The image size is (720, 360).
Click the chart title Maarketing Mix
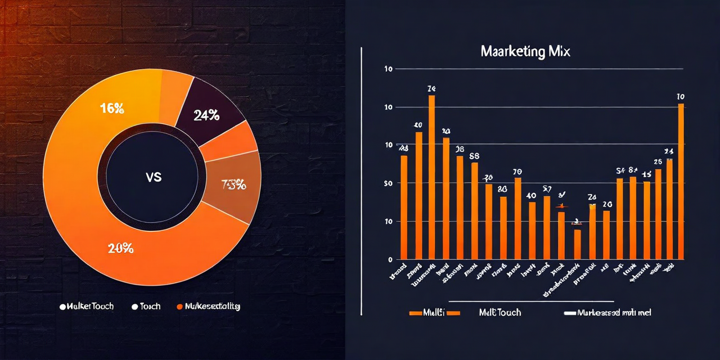pos(525,52)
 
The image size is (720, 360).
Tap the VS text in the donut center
pos(153,177)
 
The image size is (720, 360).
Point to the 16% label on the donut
pos(112,109)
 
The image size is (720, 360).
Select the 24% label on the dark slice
pos(206,115)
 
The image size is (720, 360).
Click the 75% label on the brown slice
pos(233,184)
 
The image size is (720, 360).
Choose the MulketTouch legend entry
pos(87,307)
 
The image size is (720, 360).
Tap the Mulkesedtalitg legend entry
pos(209,307)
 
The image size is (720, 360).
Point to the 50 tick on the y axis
pos(388,183)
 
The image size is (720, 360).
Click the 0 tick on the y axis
pos(389,260)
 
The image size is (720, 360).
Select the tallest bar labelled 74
pos(431,177)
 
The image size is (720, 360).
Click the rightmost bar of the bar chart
pos(681,181)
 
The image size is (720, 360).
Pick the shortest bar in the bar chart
pos(577,244)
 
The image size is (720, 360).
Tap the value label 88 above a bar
pos(474,156)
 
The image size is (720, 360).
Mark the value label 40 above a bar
pos(531,196)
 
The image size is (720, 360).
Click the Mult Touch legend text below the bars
pos(499,312)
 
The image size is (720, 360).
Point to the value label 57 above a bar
pos(547,189)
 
